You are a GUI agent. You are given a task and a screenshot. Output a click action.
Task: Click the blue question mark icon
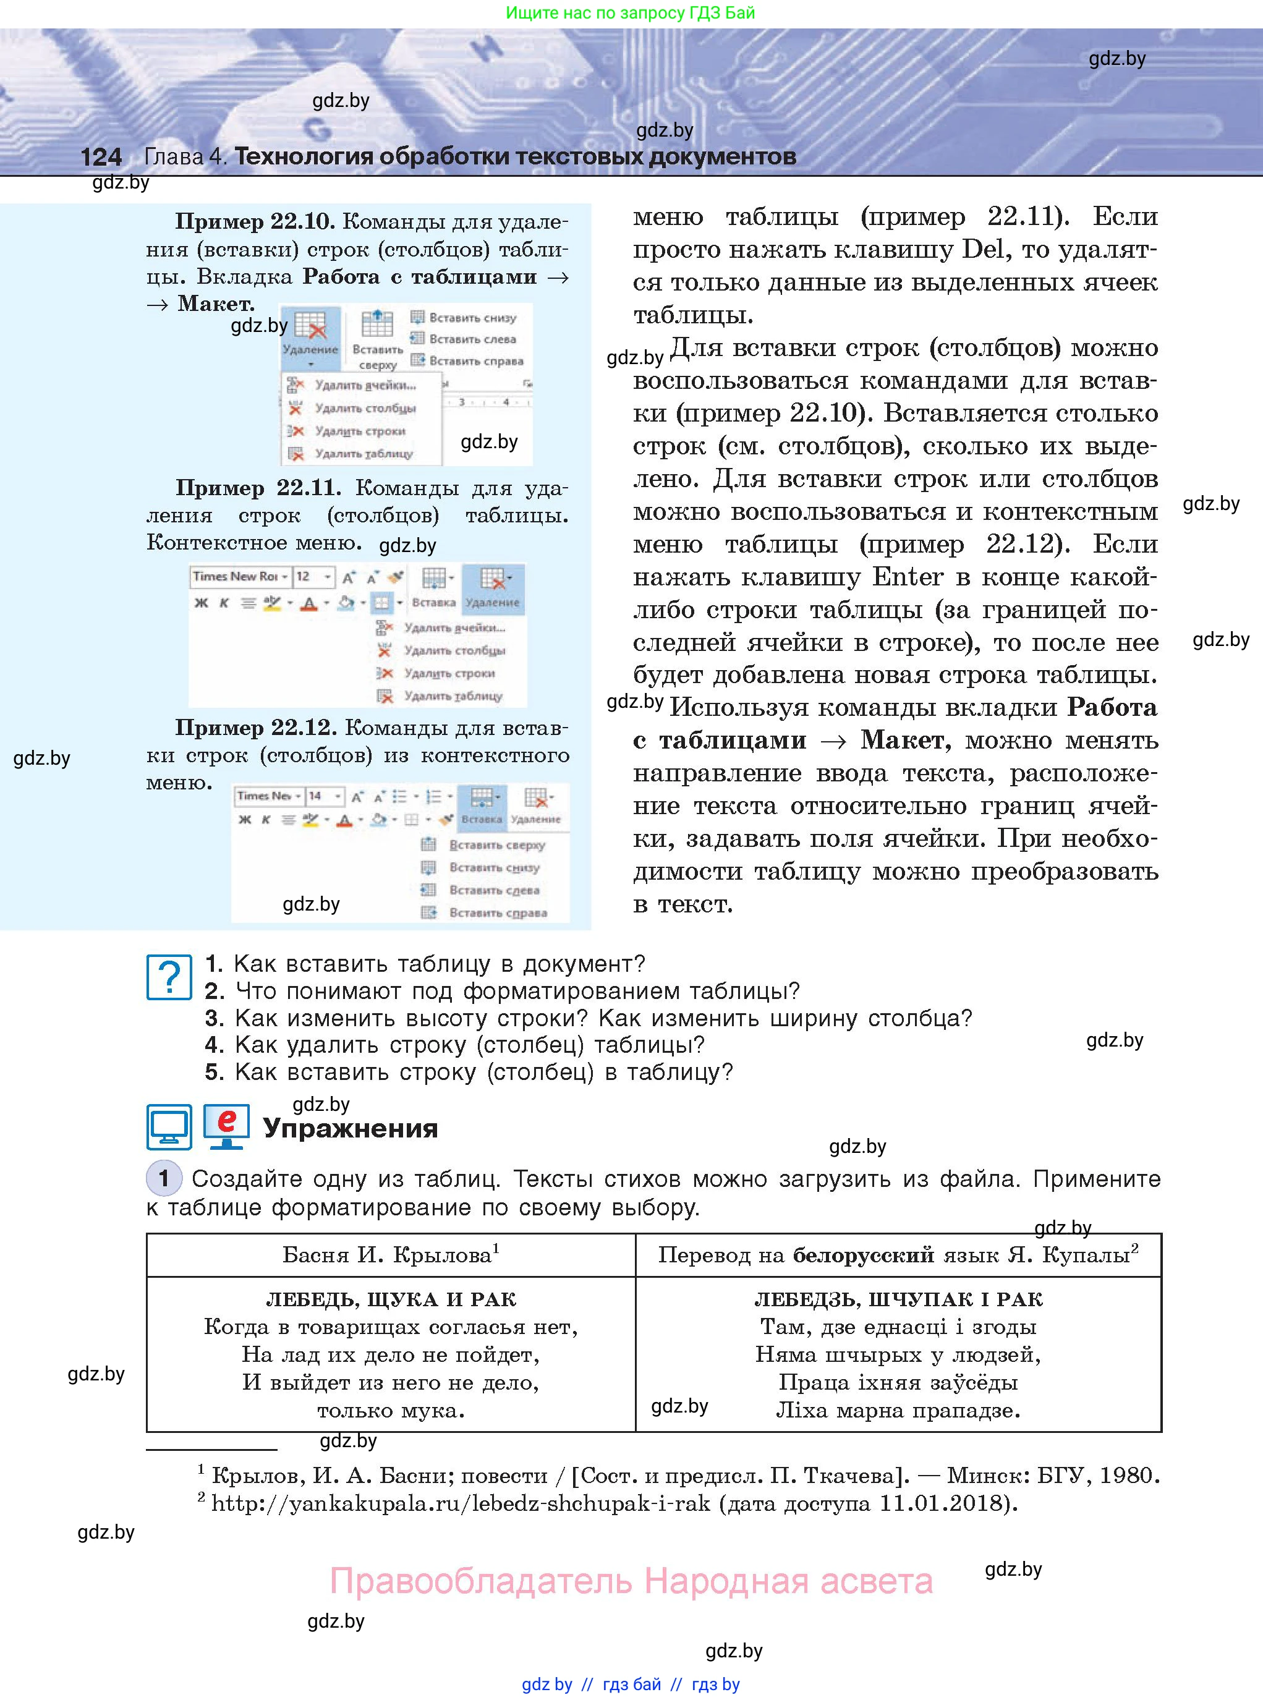[x=169, y=977]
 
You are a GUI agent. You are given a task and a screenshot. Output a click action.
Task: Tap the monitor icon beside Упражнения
[x=169, y=1127]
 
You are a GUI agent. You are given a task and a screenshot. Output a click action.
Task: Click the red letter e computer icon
[x=226, y=1126]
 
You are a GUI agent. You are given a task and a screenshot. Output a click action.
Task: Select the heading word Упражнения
[x=350, y=1128]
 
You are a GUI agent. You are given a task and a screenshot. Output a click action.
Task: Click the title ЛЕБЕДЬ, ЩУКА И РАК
[x=391, y=1299]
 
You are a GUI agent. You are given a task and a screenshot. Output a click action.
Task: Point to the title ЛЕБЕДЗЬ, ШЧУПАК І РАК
[x=898, y=1299]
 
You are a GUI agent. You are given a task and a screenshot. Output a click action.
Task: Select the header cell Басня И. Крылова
[x=390, y=1254]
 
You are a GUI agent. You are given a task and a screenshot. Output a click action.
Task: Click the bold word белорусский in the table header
[x=863, y=1254]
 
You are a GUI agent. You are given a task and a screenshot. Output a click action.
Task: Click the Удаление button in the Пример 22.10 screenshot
[x=310, y=336]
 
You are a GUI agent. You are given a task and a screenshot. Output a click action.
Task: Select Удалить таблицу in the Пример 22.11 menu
[x=453, y=695]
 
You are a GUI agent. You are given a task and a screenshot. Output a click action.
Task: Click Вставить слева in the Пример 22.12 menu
[x=494, y=890]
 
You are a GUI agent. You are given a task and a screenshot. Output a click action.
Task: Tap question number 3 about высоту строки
[x=588, y=1018]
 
